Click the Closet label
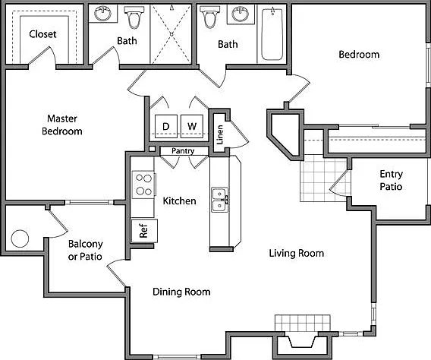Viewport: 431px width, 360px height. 42,34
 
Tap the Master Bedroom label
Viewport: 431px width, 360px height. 62,125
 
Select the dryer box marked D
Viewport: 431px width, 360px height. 166,126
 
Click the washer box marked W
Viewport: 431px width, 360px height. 192,126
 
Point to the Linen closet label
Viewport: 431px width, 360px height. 220,134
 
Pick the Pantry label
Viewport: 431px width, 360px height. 183,150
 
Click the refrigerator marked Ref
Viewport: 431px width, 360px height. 144,231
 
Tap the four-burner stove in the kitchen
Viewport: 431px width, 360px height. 143,185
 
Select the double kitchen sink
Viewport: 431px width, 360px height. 219,200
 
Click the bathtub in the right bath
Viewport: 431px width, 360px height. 272,34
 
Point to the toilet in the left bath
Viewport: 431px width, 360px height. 134,17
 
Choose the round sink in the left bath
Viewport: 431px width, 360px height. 102,13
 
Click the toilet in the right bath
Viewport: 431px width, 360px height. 209,17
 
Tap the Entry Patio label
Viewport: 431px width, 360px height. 391,180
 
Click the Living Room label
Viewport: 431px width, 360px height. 297,253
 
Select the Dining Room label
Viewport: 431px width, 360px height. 181,292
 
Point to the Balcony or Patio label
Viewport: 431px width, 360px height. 85,250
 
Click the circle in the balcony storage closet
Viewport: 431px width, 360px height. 20,238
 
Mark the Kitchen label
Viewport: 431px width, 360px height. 180,201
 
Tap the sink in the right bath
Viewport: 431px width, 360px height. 240,14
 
